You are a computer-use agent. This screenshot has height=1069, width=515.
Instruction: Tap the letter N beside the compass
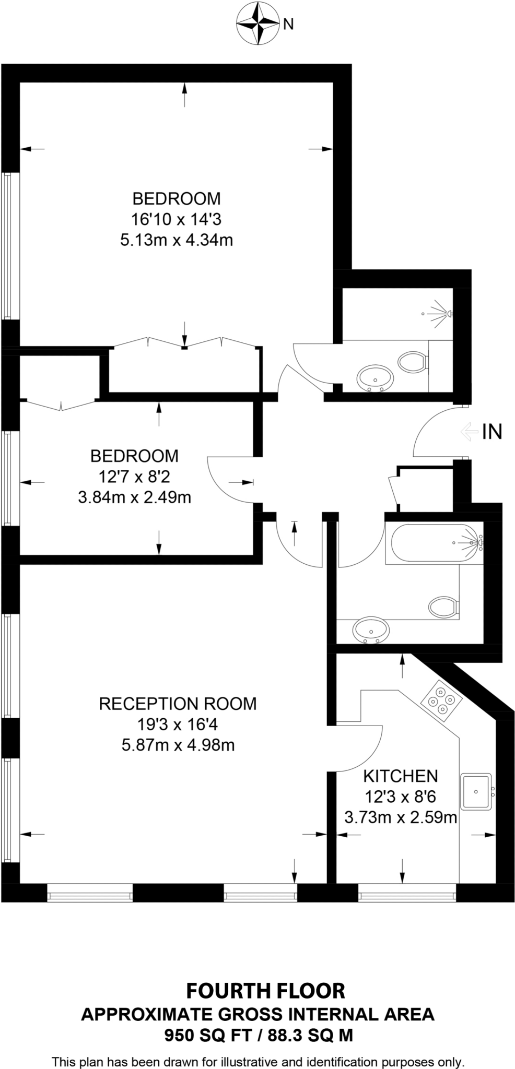pyautogui.click(x=288, y=24)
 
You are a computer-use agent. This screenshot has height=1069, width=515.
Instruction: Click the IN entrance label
pyautogui.click(x=491, y=432)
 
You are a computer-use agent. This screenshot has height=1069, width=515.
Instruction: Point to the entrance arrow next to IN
pyautogui.click(x=469, y=432)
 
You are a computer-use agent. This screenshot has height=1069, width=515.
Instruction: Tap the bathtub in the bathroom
pyautogui.click(x=435, y=544)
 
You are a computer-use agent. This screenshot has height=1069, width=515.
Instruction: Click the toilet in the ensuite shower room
pyautogui.click(x=413, y=361)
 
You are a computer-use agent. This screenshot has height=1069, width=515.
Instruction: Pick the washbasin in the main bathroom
pyautogui.click(x=370, y=631)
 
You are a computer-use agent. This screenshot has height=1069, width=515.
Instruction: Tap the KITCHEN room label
pyautogui.click(x=400, y=776)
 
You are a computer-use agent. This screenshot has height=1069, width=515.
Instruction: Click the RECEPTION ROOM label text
pyautogui.click(x=178, y=704)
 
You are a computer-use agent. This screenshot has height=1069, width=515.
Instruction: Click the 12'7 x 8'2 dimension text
pyautogui.click(x=134, y=477)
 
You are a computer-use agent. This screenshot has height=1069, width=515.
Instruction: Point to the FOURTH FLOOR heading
pyautogui.click(x=265, y=991)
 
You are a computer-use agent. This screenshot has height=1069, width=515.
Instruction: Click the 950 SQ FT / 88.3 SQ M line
pyautogui.click(x=259, y=1035)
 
